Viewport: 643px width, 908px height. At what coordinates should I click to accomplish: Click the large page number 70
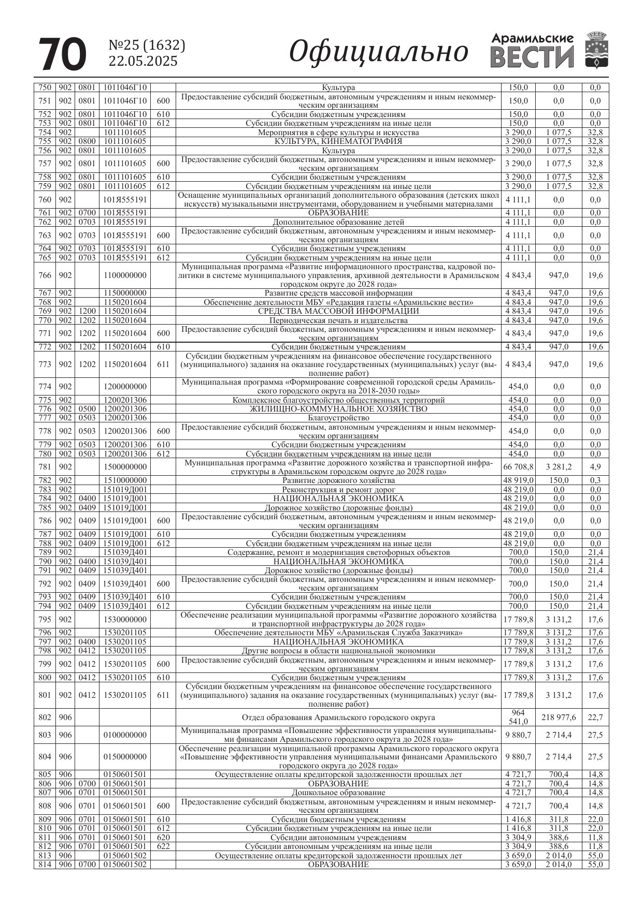pyautogui.click(x=63, y=54)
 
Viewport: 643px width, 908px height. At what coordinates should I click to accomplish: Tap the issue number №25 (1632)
pyautogui.click(x=147, y=46)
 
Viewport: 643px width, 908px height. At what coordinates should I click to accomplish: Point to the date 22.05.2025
pyautogui.click(x=143, y=62)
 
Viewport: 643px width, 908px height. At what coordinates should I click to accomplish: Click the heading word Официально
pyautogui.click(x=378, y=52)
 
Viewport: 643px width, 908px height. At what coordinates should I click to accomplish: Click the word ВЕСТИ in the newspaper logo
pyautogui.click(x=532, y=57)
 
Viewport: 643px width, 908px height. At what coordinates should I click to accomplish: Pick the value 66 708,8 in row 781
pyautogui.click(x=518, y=467)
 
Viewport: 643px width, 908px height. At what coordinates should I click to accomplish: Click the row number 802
pyautogui.click(x=45, y=717)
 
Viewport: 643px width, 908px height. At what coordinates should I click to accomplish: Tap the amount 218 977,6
pyautogui.click(x=559, y=717)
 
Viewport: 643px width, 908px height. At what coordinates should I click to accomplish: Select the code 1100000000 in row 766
pyautogui.click(x=125, y=275)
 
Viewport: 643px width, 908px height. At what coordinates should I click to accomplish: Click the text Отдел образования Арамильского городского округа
pyautogui.click(x=338, y=717)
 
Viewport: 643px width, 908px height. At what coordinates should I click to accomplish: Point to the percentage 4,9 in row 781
pyautogui.click(x=595, y=467)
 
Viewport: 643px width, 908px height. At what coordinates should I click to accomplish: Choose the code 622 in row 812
pyautogui.click(x=163, y=846)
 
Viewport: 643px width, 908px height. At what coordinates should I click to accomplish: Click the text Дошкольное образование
pyautogui.click(x=338, y=793)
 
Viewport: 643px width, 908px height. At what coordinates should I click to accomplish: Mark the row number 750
pyautogui.click(x=45, y=87)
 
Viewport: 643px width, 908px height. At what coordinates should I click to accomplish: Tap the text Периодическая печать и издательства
pyautogui.click(x=338, y=320)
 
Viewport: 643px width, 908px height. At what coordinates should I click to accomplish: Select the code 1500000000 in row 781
pyautogui.click(x=125, y=467)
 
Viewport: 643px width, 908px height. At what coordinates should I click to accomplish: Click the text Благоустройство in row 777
pyautogui.click(x=338, y=418)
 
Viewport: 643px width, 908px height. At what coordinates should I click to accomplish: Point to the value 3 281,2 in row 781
pyautogui.click(x=559, y=467)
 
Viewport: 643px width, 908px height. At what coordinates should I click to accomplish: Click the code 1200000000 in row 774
pyautogui.click(x=125, y=387)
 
